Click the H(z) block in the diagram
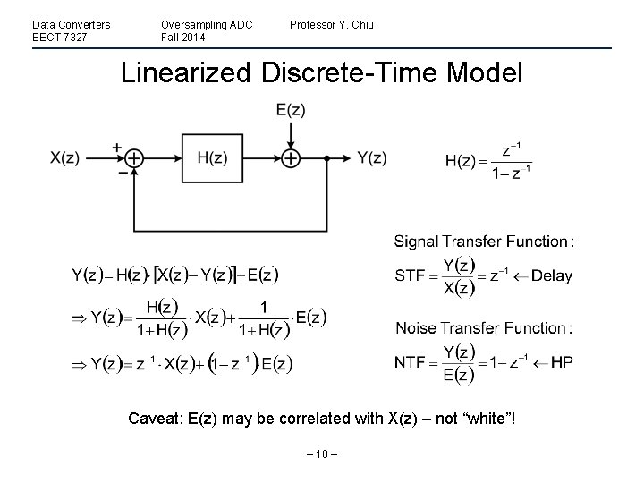pos(211,158)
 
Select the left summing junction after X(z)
pos(133,158)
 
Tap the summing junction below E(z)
pos(291,158)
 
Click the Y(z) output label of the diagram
pos(371,158)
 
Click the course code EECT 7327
pos(60,37)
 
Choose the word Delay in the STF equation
pos(551,276)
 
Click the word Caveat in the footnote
pos(153,418)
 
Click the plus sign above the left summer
pos(117,147)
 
